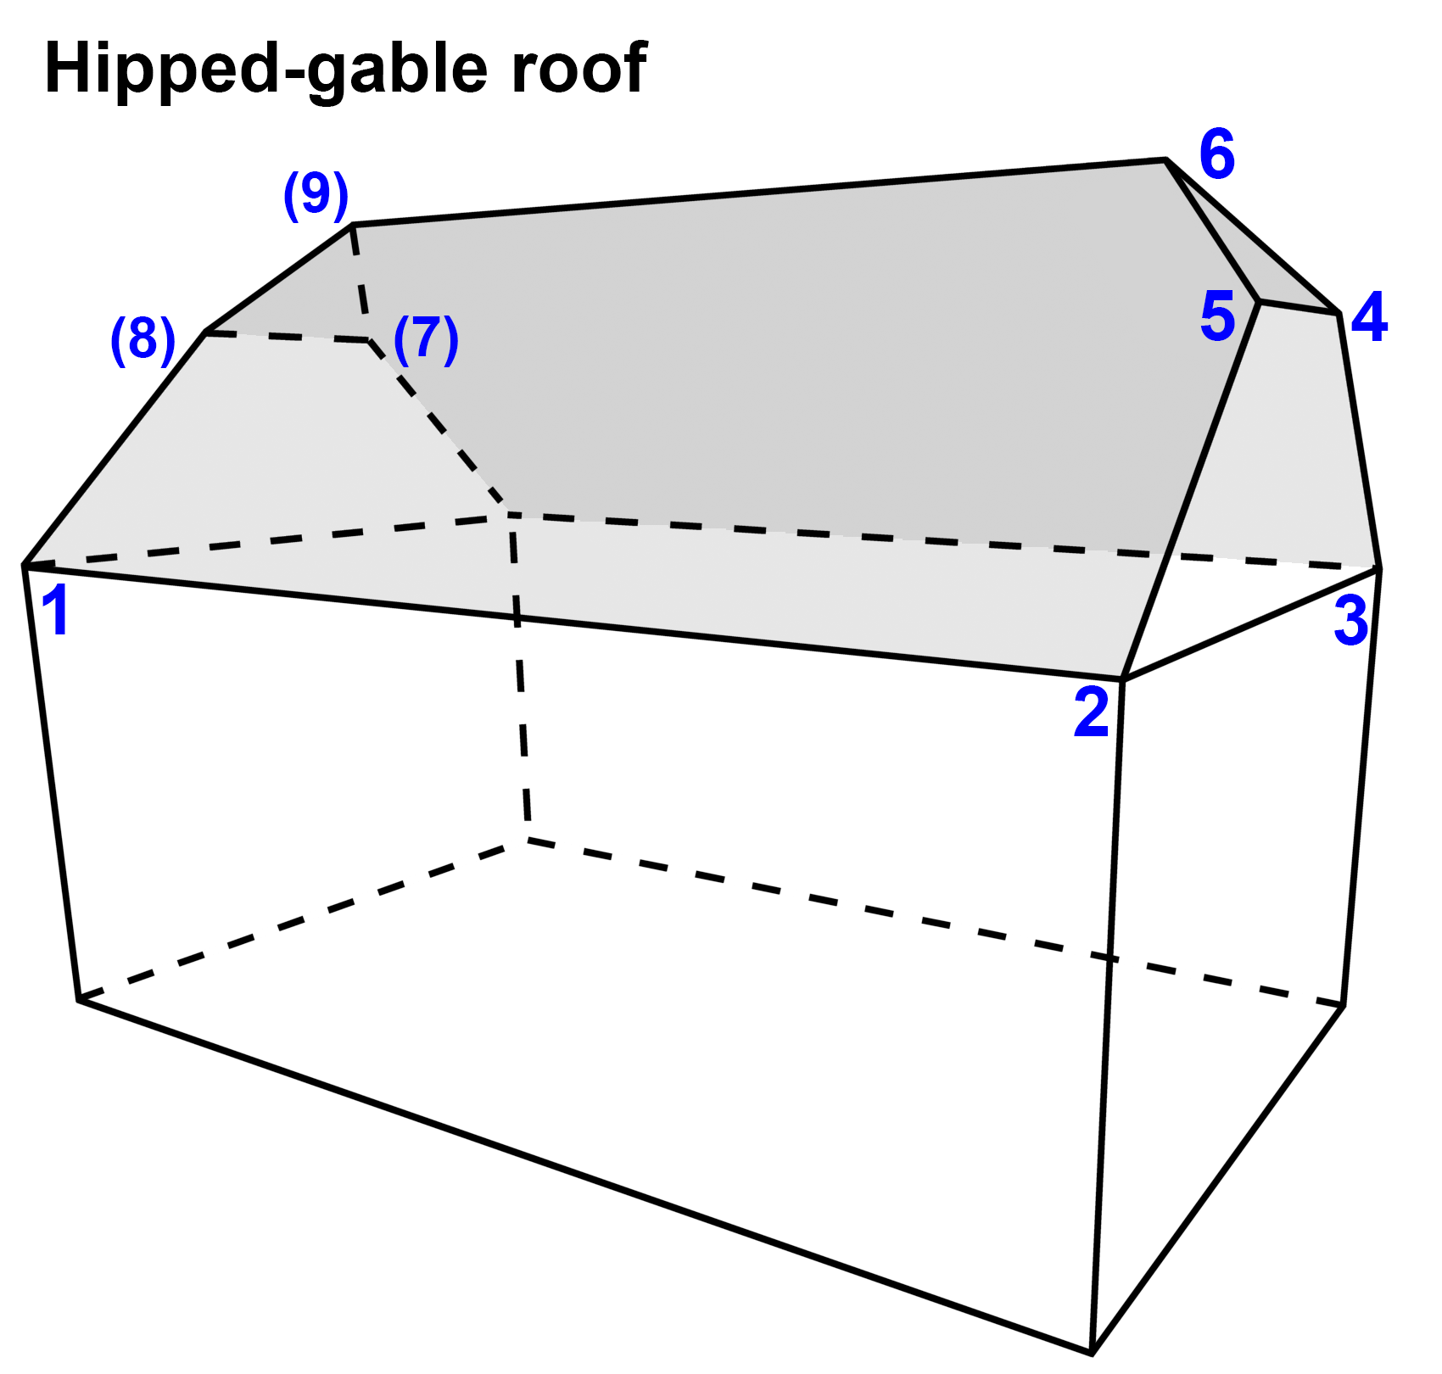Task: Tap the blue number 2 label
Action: (1091, 712)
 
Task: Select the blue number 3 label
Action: (1351, 622)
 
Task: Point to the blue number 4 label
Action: (1369, 317)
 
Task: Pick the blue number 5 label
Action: (1217, 317)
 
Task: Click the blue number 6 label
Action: (1217, 154)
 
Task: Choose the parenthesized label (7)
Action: (426, 339)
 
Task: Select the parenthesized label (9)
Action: (316, 195)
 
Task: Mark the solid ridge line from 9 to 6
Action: (759, 192)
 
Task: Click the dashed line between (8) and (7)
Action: (287, 337)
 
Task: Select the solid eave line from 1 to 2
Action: (573, 623)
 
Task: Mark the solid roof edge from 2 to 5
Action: (1191, 490)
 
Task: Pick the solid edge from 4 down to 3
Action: (1360, 441)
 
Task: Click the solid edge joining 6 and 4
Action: (1254, 237)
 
